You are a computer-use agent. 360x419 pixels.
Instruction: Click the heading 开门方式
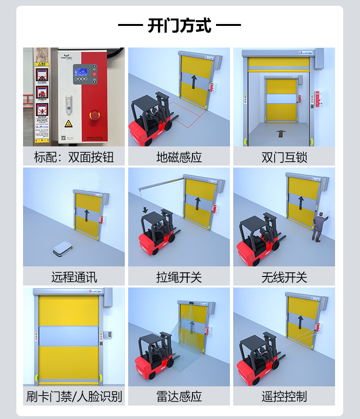pyautogui.click(x=180, y=25)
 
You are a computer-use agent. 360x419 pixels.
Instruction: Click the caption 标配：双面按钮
pyautogui.click(x=74, y=157)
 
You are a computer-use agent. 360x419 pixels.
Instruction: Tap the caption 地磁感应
pyautogui.click(x=179, y=157)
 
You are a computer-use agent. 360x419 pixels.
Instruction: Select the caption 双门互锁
pyautogui.click(x=284, y=157)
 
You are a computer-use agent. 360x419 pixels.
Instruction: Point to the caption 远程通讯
pyautogui.click(x=74, y=277)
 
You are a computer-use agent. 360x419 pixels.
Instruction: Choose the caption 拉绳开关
pyautogui.click(x=179, y=277)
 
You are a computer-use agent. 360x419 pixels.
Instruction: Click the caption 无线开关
pyautogui.click(x=284, y=277)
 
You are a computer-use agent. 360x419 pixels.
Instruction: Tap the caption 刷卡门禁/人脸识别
pyautogui.click(x=74, y=396)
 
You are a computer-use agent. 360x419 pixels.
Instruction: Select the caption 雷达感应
pyautogui.click(x=179, y=396)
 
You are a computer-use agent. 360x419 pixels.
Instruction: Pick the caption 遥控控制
pyautogui.click(x=284, y=396)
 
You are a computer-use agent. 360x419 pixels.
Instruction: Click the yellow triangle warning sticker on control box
pyautogui.click(x=69, y=124)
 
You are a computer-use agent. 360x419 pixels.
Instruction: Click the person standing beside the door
pyautogui.click(x=318, y=228)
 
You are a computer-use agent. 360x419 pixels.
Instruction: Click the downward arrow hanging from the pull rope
pyautogui.click(x=144, y=210)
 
